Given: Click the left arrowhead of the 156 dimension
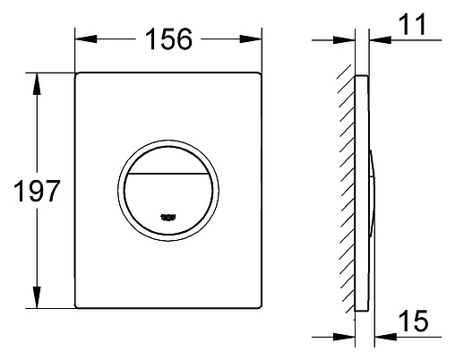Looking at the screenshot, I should (81, 39).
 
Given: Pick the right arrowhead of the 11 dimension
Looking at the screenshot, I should (372, 39).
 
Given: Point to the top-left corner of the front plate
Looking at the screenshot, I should (75, 73).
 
